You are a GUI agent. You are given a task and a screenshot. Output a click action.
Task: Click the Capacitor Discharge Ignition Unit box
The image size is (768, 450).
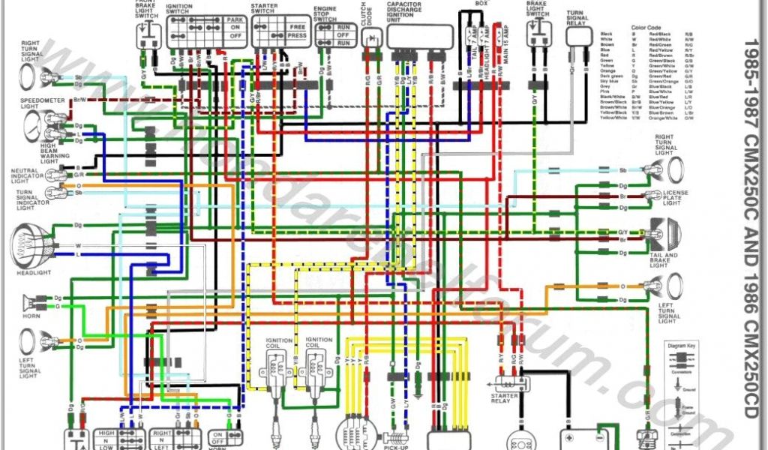coord(420,37)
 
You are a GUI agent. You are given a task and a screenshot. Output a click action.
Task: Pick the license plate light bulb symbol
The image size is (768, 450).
coord(652,196)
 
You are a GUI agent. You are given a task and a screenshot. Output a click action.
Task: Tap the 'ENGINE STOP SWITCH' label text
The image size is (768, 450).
coord(326,14)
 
